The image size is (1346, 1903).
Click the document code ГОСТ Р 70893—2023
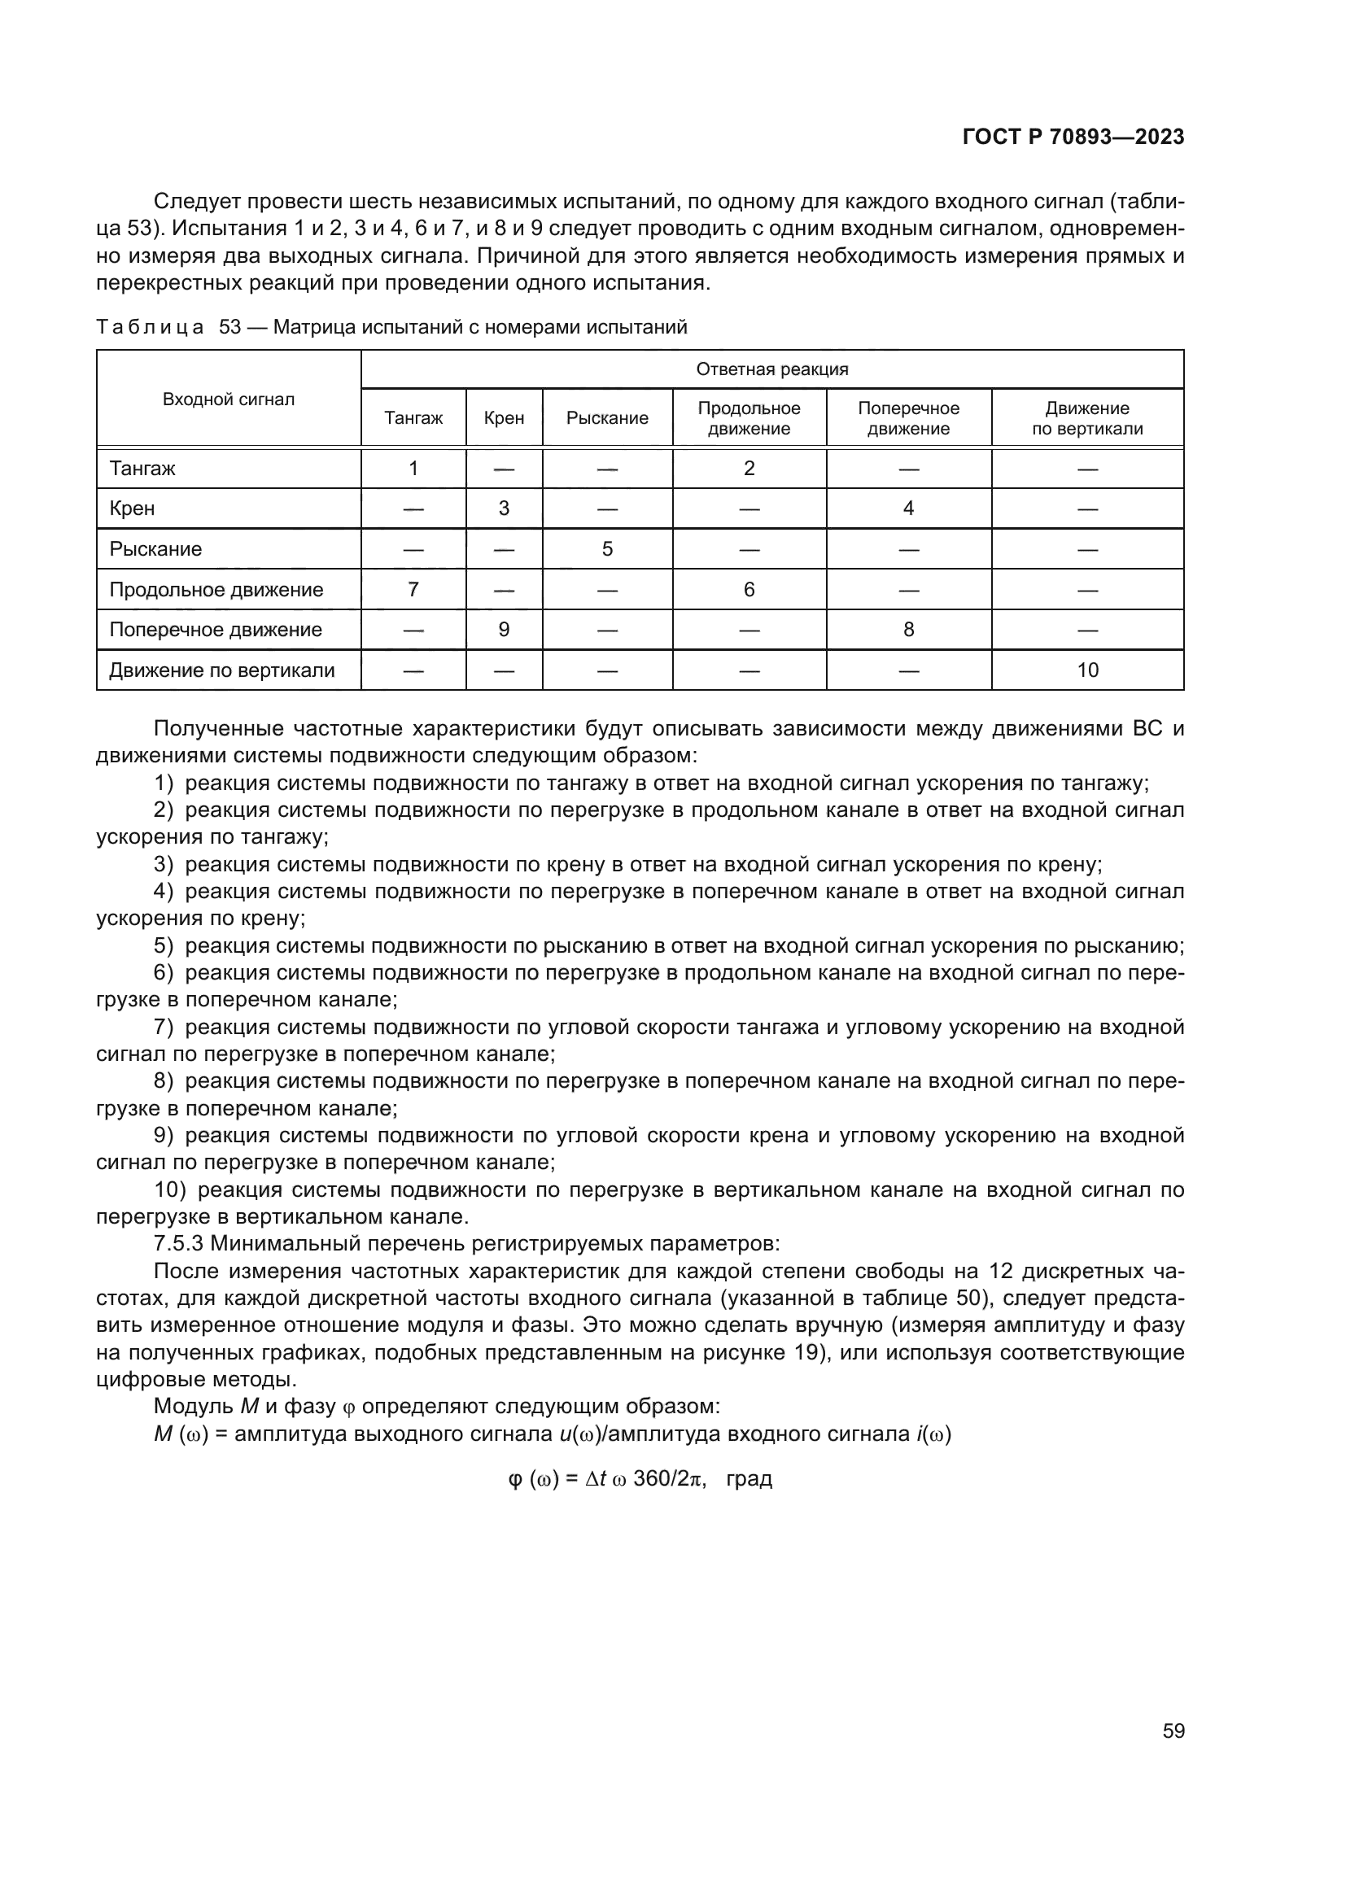[1073, 137]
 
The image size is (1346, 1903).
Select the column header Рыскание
[607, 418]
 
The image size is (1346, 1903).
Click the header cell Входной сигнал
[228, 399]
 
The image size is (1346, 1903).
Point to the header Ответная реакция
[771, 369]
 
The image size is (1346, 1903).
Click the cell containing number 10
[1086, 670]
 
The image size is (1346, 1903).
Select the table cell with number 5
[607, 548]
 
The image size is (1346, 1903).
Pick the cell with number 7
[413, 589]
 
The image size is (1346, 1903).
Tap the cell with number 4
[907, 508]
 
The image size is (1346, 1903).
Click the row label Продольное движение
[216, 590]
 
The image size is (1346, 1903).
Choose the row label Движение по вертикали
[221, 670]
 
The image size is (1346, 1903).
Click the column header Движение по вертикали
[1086, 418]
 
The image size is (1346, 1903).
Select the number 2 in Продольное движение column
[749, 469]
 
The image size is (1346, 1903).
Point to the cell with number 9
[503, 630]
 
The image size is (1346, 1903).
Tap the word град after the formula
[749, 1477]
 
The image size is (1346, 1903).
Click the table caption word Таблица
[149, 327]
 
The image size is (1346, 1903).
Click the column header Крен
[503, 418]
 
